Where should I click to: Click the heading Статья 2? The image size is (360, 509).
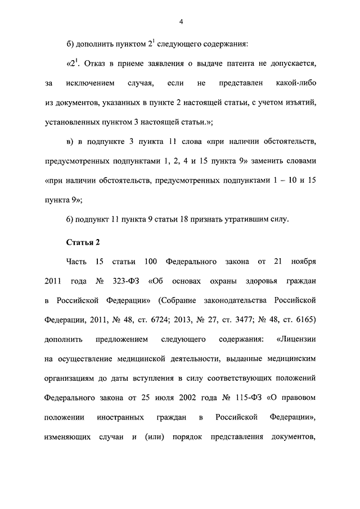click(83, 242)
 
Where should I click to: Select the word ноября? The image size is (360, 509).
click(303, 262)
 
